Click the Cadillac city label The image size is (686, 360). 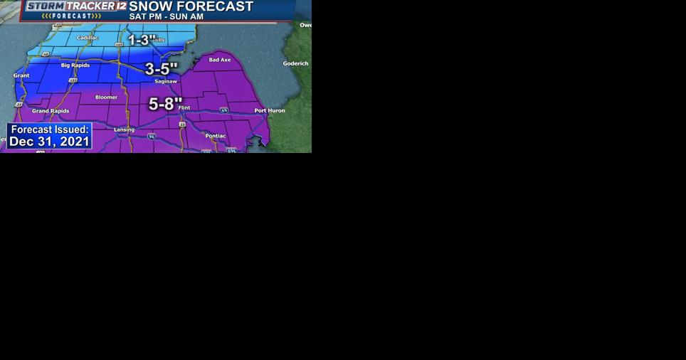(87, 38)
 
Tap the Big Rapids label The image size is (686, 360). (75, 65)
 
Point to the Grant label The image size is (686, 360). (21, 75)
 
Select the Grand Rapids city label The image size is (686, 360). (51, 111)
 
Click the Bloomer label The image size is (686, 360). (106, 97)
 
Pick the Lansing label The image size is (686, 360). (124, 129)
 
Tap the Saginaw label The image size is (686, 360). (166, 81)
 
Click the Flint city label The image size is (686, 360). (184, 107)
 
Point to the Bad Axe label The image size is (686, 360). (220, 60)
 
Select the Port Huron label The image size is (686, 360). (270, 110)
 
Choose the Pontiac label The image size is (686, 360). (215, 136)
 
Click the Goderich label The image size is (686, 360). (295, 63)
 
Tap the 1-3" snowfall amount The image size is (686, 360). (142, 40)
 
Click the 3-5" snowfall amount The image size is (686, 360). (161, 69)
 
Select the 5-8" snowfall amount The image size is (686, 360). (165, 104)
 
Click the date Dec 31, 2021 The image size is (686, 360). (50, 142)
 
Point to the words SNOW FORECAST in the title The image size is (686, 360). (191, 6)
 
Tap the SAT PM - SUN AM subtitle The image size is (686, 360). (166, 16)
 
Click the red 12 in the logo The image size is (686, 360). (122, 6)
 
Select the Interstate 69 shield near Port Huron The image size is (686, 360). (223, 110)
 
